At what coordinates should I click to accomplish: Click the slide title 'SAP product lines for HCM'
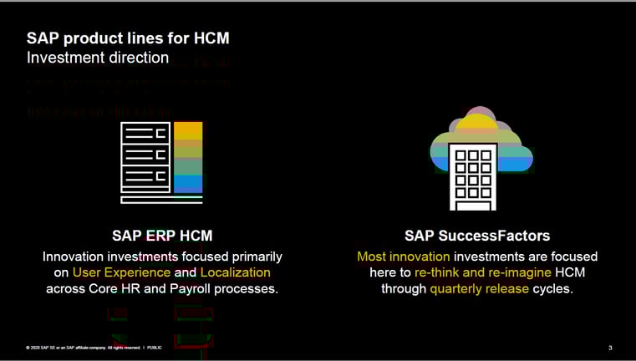pos(128,38)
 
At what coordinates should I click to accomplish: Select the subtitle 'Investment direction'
pos(98,58)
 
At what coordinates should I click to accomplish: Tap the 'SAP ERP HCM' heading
pos(162,236)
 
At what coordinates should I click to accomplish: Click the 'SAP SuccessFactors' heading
pos(477,236)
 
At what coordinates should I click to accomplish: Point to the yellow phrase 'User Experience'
pos(121,272)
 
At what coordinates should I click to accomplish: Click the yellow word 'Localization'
pos(235,272)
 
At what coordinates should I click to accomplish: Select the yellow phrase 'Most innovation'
pos(404,257)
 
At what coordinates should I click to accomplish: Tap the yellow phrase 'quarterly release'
pos(479,289)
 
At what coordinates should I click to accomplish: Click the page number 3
pos(610,348)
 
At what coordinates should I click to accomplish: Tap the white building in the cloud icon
pos(473,176)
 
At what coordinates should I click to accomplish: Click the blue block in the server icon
pos(188,184)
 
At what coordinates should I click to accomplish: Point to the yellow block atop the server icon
pos(188,130)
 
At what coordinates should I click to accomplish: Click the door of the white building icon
pos(473,205)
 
